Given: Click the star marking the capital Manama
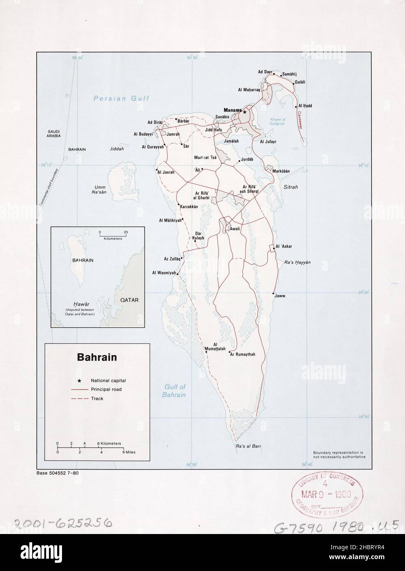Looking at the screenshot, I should [x=244, y=112].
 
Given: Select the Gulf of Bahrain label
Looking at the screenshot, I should [x=175, y=391].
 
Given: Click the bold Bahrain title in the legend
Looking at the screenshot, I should [x=97, y=357].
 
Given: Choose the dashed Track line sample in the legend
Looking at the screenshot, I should [x=80, y=398].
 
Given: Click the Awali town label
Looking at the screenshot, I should [x=235, y=229].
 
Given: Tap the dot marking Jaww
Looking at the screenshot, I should [x=273, y=294].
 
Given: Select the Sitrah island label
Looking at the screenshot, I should [x=291, y=187].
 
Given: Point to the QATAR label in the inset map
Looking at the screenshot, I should [x=129, y=300].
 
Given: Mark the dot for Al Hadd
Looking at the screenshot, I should [x=296, y=106].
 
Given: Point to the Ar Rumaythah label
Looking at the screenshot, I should [x=242, y=354].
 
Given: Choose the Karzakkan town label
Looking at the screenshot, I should [x=189, y=207].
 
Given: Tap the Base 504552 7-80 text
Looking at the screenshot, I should [x=58, y=473].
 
